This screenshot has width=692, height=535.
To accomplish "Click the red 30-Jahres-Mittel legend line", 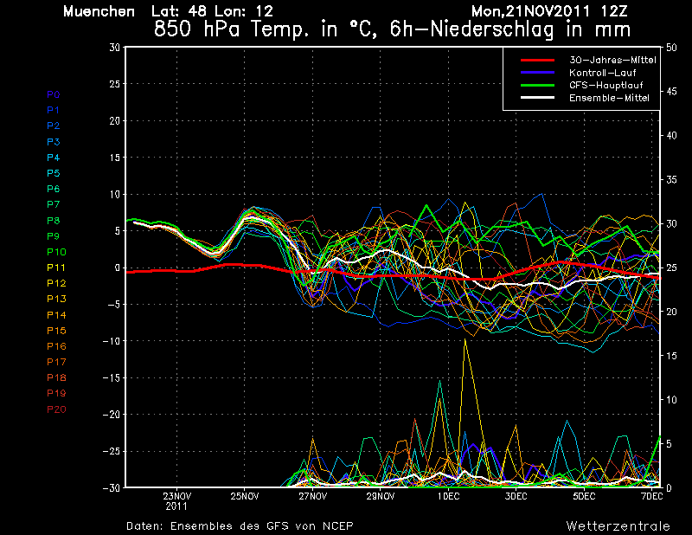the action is (537, 60).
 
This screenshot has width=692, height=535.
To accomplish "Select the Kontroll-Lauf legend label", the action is (602, 73).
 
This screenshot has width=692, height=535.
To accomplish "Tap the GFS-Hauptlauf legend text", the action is (606, 85).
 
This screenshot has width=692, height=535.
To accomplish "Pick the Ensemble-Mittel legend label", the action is (609, 98).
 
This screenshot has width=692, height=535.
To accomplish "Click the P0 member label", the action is (53, 94).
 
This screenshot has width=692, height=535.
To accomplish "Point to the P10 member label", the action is (56, 252).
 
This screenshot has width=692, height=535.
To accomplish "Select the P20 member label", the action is (56, 409).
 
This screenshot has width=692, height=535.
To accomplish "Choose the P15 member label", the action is (56, 331).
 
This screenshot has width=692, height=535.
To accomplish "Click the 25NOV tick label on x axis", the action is (245, 496).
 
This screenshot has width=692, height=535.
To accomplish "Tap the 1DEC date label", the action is (448, 496).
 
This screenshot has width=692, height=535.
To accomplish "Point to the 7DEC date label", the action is (652, 496).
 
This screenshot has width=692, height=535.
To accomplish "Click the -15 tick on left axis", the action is (112, 377).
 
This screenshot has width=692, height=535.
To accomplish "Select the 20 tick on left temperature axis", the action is (115, 120).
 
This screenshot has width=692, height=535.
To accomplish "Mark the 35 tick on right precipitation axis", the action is (671, 180).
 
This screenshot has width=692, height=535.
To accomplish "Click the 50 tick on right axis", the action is (671, 48).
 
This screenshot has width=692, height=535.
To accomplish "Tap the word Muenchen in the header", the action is (99, 11).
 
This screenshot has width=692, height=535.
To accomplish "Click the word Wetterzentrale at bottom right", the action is (618, 526).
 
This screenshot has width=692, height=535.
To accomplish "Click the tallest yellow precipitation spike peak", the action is (465, 339).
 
